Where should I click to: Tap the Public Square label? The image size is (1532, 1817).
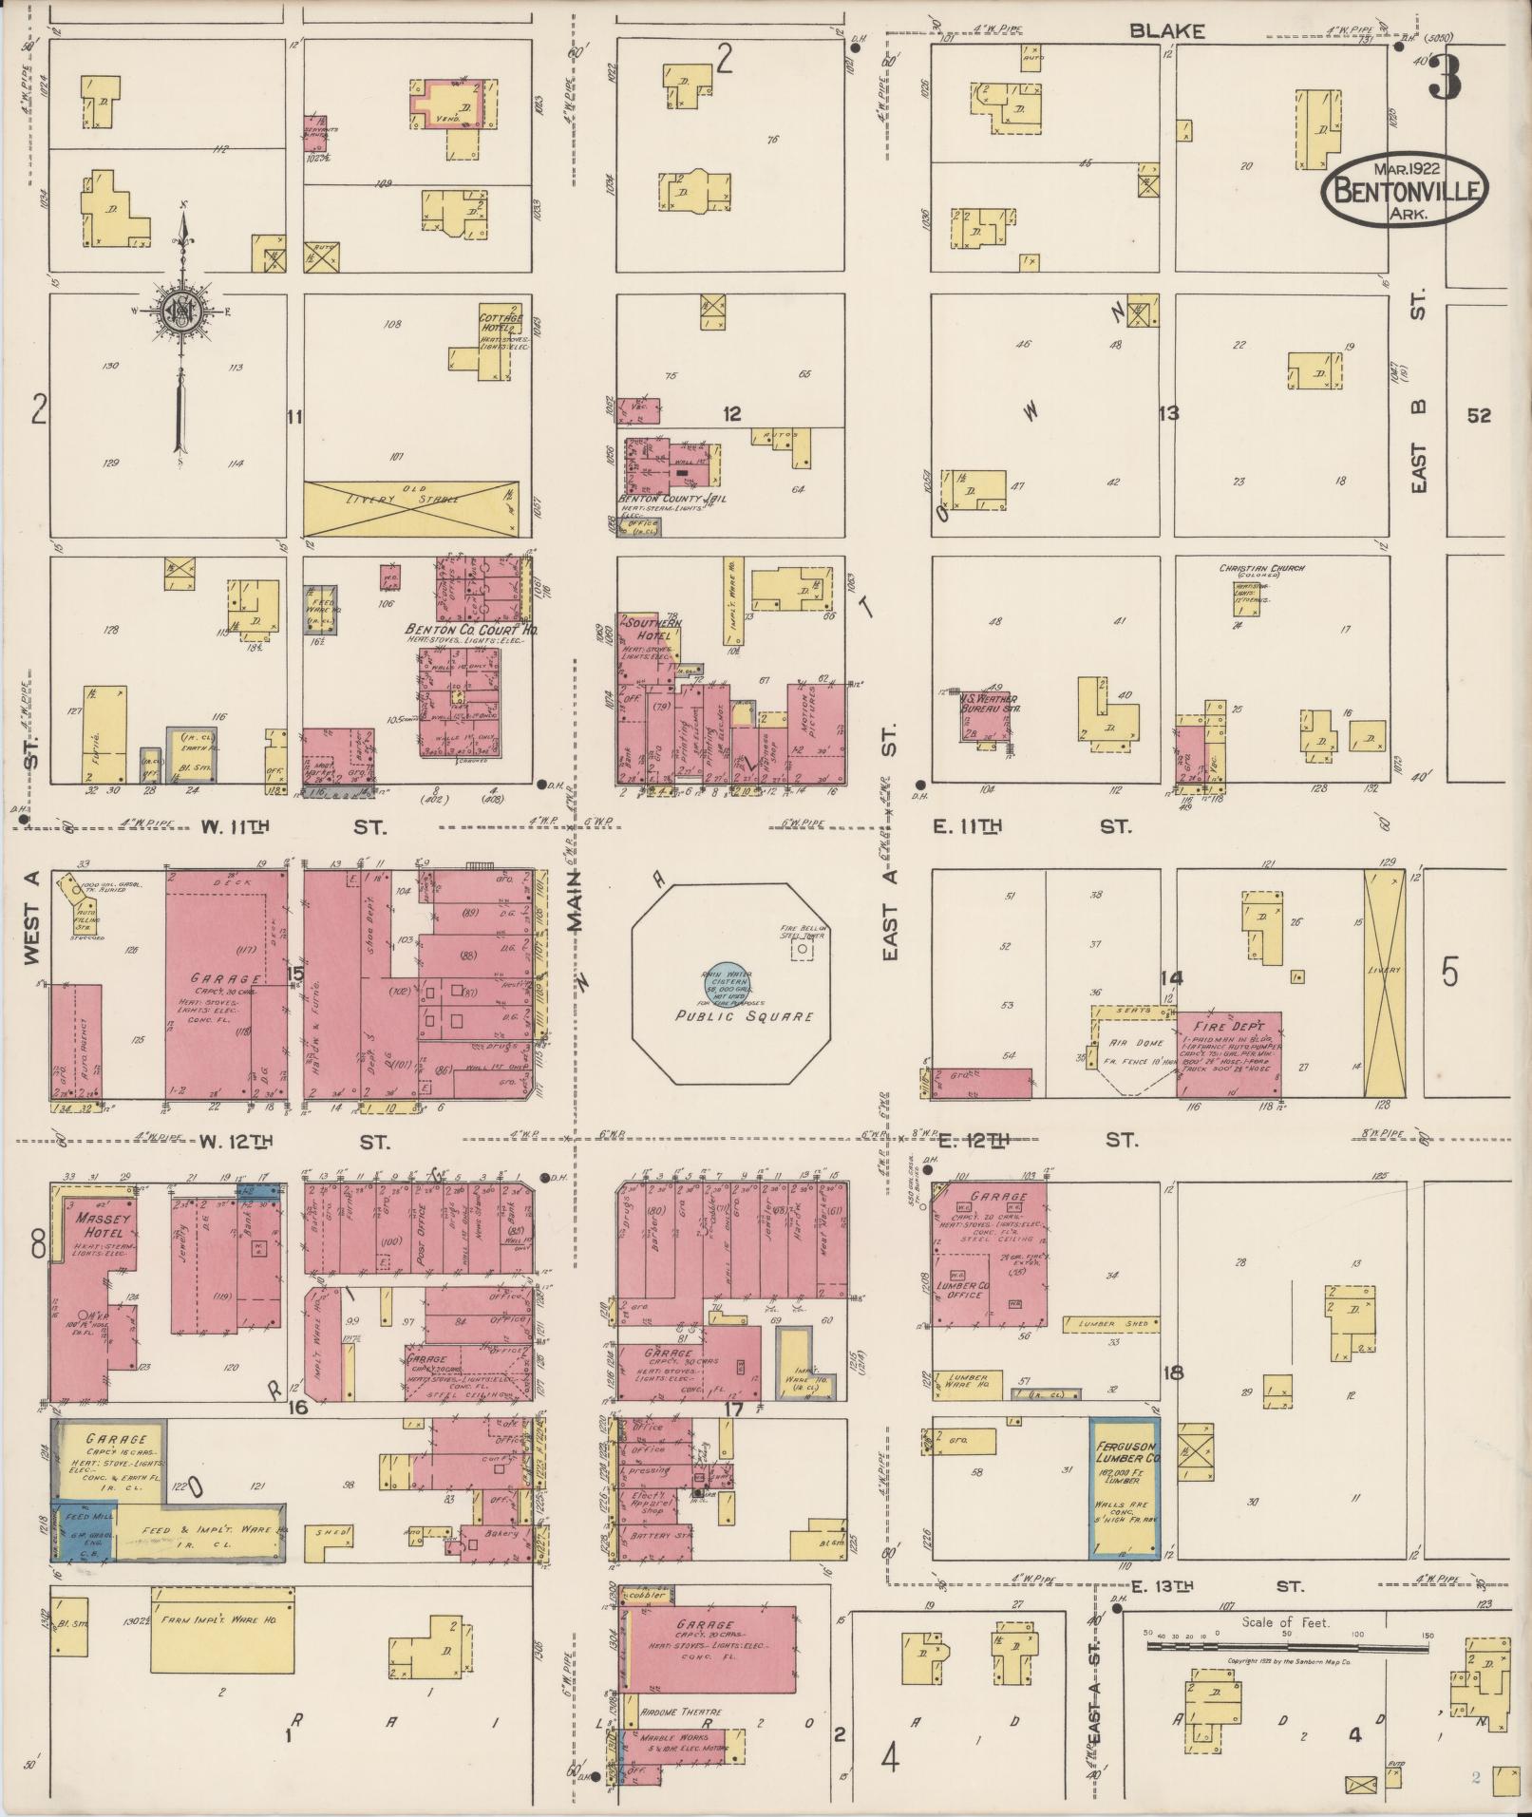point(744,1016)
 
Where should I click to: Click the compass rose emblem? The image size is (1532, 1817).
point(180,310)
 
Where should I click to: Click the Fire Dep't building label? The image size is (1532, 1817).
point(1227,1027)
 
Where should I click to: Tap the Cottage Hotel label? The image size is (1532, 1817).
point(501,323)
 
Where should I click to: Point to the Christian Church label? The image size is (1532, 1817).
point(1262,569)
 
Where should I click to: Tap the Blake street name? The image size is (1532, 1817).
point(1166,31)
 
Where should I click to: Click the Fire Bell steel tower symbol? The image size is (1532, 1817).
point(804,949)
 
